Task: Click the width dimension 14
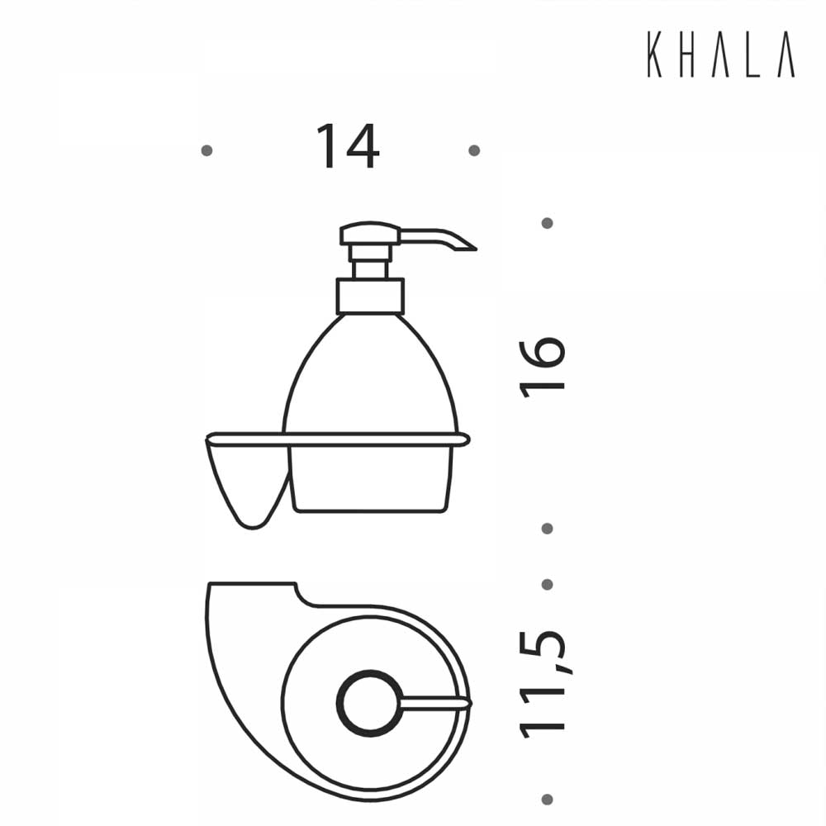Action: (346, 147)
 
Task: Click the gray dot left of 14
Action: (206, 150)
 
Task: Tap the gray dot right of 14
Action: (473, 150)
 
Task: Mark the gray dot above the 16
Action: (547, 223)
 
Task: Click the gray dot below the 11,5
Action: (547, 799)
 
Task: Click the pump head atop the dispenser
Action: (370, 234)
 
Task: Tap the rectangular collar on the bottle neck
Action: (370, 296)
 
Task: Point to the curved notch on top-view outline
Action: (302, 595)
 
